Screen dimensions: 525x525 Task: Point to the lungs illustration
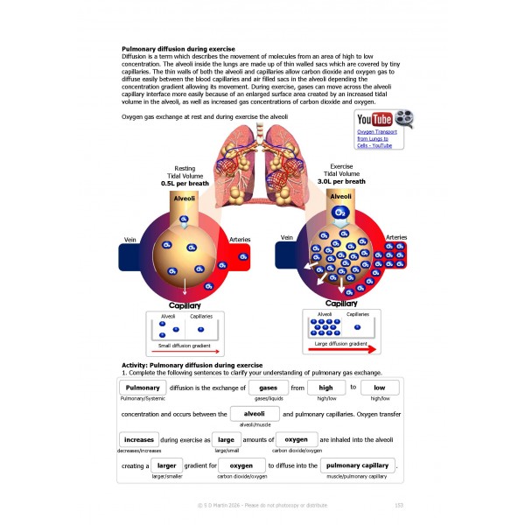click(262, 157)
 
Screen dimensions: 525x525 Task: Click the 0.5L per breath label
click(185, 185)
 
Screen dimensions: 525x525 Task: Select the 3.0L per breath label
click(342, 181)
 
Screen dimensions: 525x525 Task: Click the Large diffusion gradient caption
click(340, 344)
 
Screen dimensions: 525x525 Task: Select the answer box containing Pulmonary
click(142, 388)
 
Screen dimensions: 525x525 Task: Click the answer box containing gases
click(269, 388)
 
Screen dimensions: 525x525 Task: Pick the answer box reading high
click(325, 388)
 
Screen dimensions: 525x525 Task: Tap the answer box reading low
click(380, 388)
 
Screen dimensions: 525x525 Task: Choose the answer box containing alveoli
click(254, 413)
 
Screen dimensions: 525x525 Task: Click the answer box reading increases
click(138, 439)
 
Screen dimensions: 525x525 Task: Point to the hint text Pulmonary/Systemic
click(143, 399)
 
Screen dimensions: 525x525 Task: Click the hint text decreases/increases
click(138, 451)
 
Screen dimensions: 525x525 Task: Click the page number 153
click(398, 505)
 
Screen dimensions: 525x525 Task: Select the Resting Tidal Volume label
click(185, 172)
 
